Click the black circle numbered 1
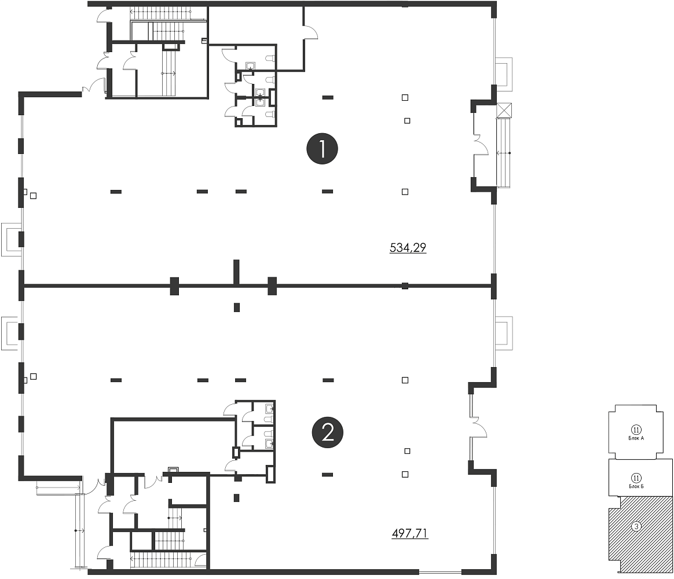pyautogui.click(x=322, y=149)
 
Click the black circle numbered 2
pyautogui.click(x=328, y=433)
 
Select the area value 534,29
pyautogui.click(x=408, y=248)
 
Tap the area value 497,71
pyautogui.click(x=410, y=533)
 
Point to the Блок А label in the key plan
pyautogui.click(x=636, y=438)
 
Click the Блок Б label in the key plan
pyautogui.click(x=636, y=486)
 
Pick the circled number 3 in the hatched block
pyautogui.click(x=636, y=526)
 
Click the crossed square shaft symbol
pyautogui.click(x=504, y=110)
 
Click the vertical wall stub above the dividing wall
pyautogui.click(x=236, y=272)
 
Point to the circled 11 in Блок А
pyautogui.click(x=636, y=430)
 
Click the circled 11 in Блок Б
pyautogui.click(x=636, y=478)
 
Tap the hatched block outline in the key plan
pyautogui.click(x=609, y=533)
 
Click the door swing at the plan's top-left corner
pyautogui.click(x=103, y=16)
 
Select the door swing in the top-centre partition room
pyautogui.click(x=311, y=32)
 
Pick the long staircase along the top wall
pyautogui.click(x=169, y=14)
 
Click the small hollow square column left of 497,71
pyautogui.click(x=405, y=475)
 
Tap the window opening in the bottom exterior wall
pyautogui.click(x=440, y=572)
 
